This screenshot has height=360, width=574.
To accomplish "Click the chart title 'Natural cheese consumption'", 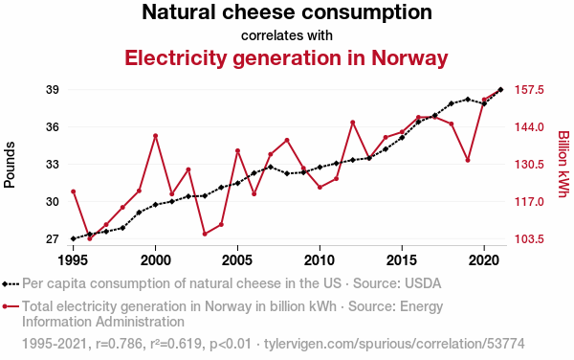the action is point(287,11).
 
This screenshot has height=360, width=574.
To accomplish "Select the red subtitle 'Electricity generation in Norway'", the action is point(286,57).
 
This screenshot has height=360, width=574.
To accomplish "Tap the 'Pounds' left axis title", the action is point(10,165).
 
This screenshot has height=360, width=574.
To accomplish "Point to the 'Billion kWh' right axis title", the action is point(563,164).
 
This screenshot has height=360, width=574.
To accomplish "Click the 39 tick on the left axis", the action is point(53,90).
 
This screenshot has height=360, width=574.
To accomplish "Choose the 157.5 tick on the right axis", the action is point(529,90).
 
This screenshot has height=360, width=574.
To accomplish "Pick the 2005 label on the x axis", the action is point(237,260).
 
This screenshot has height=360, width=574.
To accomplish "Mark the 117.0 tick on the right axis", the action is point(529,202).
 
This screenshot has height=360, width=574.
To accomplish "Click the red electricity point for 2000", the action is point(156,136).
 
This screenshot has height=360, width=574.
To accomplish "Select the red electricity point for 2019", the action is point(468,161).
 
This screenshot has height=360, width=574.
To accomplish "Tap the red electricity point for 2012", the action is point(353,123).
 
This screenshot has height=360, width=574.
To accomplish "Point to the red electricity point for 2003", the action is point(205,234).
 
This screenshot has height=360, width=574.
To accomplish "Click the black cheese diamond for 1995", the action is point(74,238).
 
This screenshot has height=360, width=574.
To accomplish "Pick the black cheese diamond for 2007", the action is point(271,167).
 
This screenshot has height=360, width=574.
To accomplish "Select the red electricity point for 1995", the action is point(74,191).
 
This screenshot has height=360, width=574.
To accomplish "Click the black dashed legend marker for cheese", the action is point(11,283).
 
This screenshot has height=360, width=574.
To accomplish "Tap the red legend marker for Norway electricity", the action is point(11,306).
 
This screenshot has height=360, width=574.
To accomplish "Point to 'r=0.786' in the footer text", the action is point(119,344).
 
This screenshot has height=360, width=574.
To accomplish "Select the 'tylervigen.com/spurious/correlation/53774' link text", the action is point(394,344).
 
